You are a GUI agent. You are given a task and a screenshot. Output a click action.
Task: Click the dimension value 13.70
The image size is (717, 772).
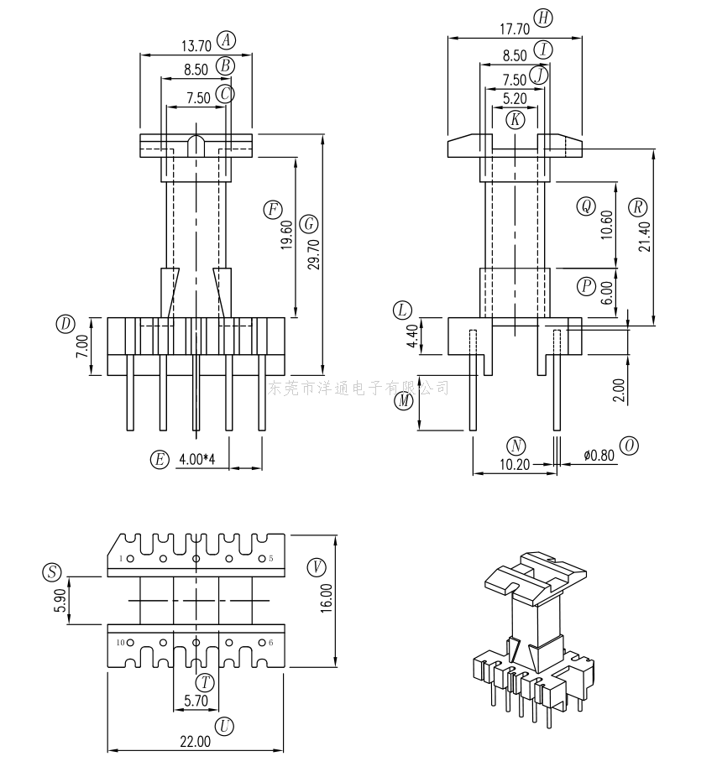(196, 46)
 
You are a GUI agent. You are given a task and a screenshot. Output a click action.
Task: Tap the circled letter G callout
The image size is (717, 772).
(309, 224)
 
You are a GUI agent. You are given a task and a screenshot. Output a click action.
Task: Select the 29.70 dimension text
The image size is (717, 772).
(314, 254)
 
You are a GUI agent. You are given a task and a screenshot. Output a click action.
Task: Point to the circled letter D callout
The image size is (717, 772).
(65, 325)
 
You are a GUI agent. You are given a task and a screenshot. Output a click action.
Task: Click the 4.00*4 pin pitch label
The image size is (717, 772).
(197, 459)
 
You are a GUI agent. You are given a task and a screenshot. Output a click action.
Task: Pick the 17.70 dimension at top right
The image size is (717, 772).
(515, 29)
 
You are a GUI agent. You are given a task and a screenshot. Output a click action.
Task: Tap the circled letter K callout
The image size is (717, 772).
(516, 119)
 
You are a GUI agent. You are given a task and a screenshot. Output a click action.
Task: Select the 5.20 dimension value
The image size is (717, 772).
(516, 99)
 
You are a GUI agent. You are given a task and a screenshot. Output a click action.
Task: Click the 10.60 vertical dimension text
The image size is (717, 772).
(607, 225)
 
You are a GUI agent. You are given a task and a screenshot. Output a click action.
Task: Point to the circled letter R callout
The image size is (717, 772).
(638, 207)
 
